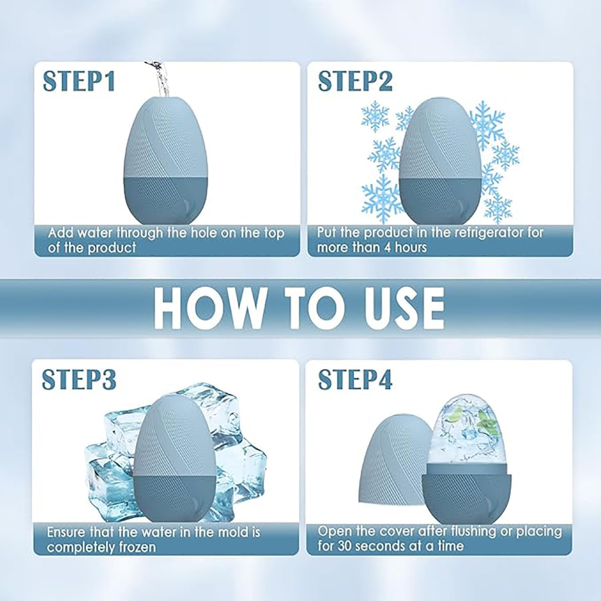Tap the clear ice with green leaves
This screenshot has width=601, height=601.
469,433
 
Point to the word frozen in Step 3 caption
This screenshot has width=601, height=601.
134,547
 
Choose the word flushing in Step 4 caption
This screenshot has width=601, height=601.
474,531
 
